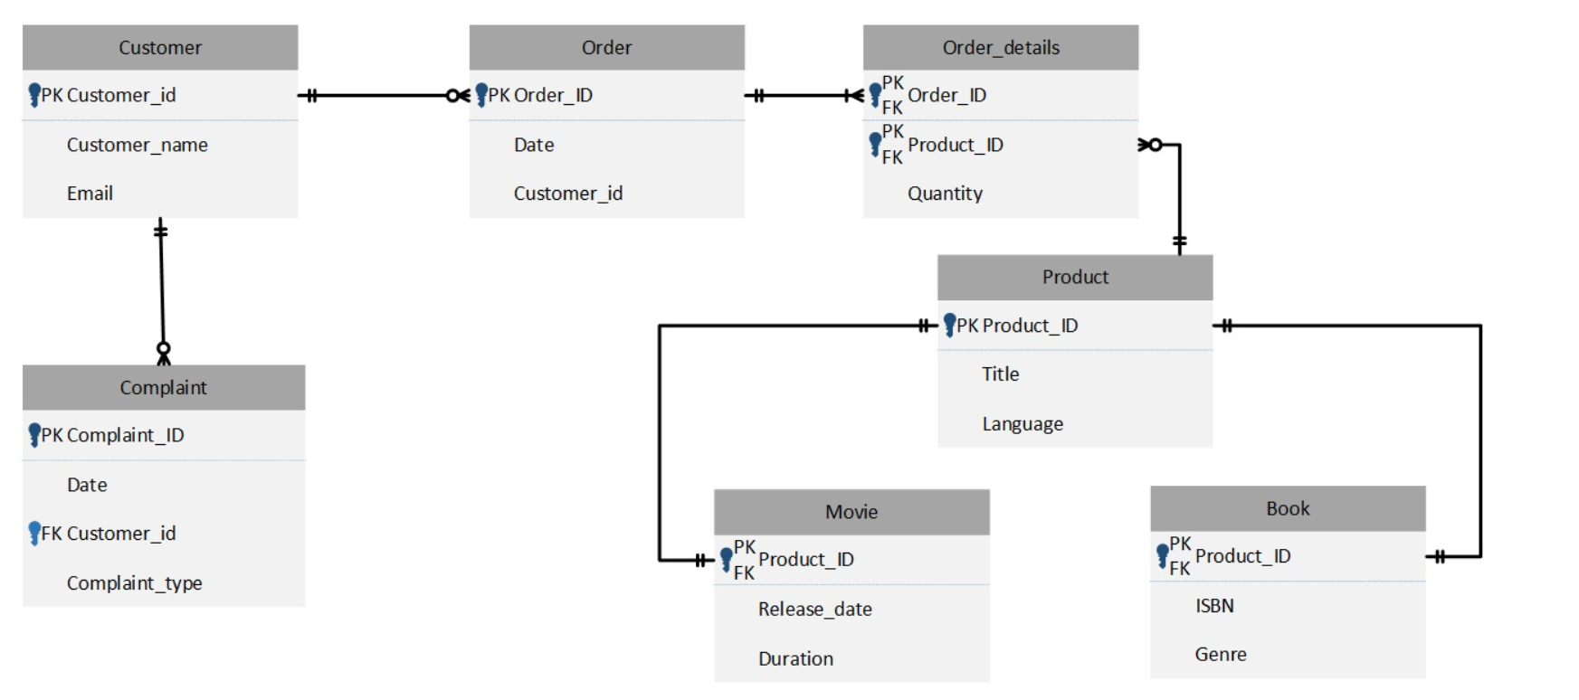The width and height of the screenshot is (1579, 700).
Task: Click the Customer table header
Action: (160, 48)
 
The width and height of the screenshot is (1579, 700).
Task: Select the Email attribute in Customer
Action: (90, 194)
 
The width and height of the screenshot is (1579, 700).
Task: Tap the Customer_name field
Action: (137, 145)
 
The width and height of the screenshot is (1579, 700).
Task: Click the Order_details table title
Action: (1000, 48)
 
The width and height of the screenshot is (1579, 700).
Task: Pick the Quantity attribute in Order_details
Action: (945, 194)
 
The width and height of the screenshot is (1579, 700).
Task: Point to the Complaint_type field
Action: (134, 583)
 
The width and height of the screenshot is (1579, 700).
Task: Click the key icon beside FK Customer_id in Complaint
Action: (34, 533)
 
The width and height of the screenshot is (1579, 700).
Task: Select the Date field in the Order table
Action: (534, 145)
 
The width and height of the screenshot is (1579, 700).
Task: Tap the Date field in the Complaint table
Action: (87, 485)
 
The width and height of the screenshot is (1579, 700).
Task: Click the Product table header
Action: (1075, 278)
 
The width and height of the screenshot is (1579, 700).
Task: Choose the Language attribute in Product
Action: (1023, 424)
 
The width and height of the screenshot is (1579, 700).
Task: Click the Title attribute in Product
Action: (1000, 374)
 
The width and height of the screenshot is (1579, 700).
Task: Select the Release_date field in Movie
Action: (814, 610)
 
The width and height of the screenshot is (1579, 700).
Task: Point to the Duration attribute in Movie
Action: (795, 659)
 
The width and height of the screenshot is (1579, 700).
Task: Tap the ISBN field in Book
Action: (1214, 606)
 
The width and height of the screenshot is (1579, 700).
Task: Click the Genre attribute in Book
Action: (1220, 655)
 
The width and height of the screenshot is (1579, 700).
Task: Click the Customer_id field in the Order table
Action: (567, 194)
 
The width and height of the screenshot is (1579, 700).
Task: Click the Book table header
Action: (1288, 509)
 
